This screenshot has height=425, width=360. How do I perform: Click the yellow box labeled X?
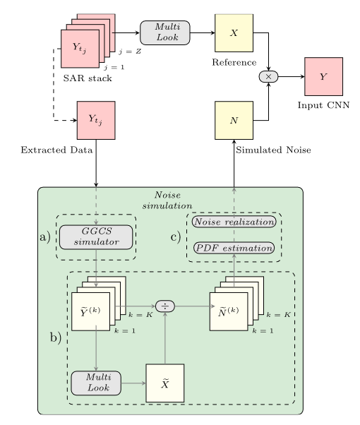tap(234, 32)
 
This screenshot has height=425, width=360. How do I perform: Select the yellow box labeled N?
tap(234, 120)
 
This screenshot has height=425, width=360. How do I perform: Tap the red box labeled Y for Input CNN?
tap(323, 76)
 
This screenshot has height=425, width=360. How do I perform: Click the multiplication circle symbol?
tap(268, 76)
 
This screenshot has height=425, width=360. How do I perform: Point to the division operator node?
tap(164, 306)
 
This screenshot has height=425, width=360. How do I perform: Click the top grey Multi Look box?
tap(165, 32)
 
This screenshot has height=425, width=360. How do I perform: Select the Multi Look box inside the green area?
tap(96, 383)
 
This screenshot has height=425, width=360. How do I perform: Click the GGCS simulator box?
tap(96, 237)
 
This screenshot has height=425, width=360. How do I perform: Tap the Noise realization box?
tap(234, 222)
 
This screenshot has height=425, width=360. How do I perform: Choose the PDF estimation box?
tap(234, 249)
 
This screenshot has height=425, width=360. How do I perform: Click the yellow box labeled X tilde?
tap(164, 383)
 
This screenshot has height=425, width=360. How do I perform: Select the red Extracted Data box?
tap(96, 120)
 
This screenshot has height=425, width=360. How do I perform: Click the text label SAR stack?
tap(88, 78)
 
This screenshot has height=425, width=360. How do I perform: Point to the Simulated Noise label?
tap(273, 150)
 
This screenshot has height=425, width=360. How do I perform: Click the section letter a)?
tap(45, 237)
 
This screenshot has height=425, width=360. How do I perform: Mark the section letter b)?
tap(56, 337)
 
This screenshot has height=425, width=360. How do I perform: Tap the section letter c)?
tap(176, 236)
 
